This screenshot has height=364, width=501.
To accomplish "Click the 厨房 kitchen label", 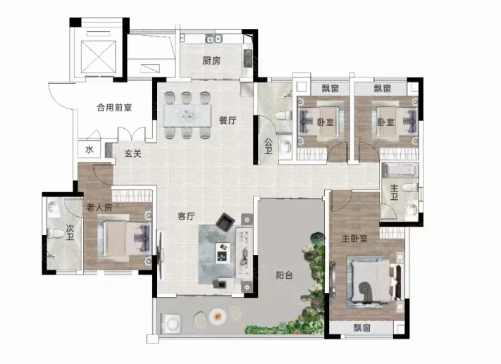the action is tap(211, 61).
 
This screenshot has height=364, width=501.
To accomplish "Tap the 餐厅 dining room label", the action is tap(228, 120).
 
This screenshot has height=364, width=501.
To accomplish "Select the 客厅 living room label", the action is tap(186, 216).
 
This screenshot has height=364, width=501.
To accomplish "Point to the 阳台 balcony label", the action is tap(284, 275).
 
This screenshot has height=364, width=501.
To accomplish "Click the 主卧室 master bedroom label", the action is tap(354, 239).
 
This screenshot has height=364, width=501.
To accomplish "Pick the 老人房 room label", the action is tap(99, 208).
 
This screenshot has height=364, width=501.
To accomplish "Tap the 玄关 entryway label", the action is tap(133, 153).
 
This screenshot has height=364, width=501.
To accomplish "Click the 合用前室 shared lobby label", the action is tap(114, 108).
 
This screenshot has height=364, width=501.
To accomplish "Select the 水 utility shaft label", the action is tap(89, 149).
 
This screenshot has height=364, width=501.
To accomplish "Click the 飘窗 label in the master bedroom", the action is tap(361, 327).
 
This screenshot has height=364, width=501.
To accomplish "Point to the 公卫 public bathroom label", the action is tap(268, 146).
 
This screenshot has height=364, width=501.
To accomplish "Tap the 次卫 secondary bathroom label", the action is tap(70, 232).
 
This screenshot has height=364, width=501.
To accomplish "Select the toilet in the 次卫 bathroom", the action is tap(56, 234).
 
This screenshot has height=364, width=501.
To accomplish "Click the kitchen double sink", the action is tap(214, 39).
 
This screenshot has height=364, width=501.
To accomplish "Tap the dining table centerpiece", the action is tap(187, 114).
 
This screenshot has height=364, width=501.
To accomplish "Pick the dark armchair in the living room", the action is tap(225, 222).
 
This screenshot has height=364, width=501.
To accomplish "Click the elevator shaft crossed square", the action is tap(98, 57).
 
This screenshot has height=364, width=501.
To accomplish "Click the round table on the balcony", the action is tap(218, 316).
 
